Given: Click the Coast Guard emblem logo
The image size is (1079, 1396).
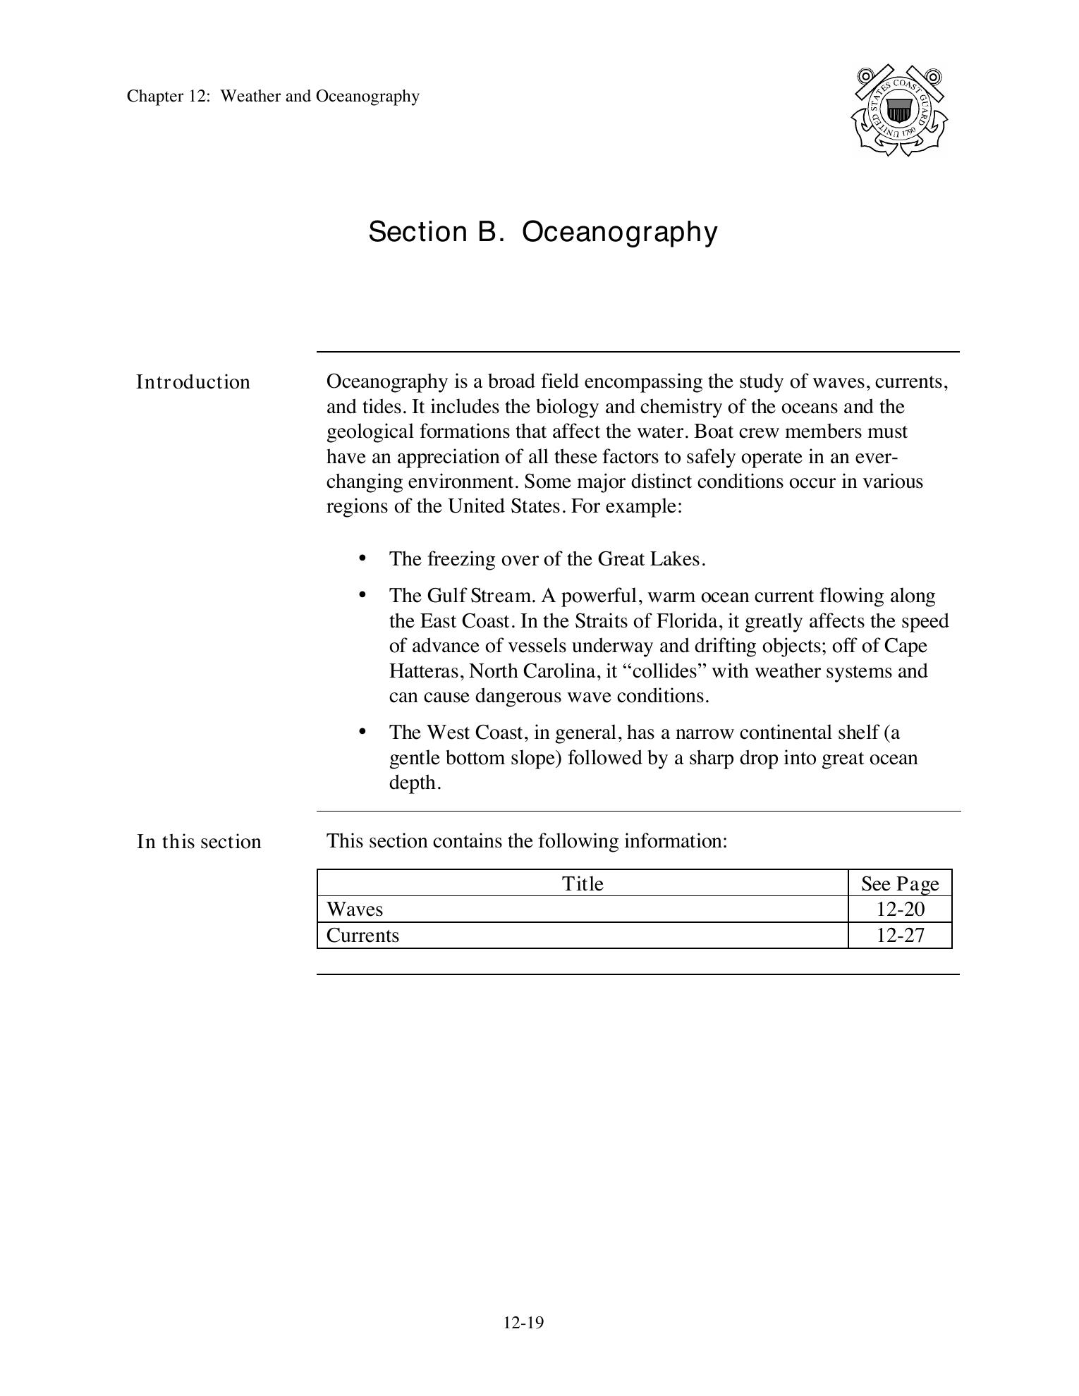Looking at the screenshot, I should [899, 111].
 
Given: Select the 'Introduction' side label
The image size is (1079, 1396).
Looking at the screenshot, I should [193, 382].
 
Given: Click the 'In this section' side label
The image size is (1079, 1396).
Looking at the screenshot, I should [199, 842].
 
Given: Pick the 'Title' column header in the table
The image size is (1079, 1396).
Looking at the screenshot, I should [583, 883].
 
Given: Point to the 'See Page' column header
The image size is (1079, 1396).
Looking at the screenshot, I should [900, 883].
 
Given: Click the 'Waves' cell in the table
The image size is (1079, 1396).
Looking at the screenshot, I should [355, 910].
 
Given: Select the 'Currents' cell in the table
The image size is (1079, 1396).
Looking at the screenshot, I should [362, 936].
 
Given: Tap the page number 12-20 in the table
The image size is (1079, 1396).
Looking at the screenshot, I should [900, 910].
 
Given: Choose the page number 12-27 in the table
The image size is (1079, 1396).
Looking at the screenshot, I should [900, 936].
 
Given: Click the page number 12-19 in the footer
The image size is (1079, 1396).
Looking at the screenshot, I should [523, 1323].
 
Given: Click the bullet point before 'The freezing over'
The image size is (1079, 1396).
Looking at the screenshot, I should [362, 558].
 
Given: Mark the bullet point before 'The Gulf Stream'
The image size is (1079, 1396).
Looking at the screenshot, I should [362, 595].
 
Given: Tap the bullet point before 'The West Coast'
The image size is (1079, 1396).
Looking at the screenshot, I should [362, 732].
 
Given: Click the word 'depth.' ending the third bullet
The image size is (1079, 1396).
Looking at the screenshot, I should [415, 783].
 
